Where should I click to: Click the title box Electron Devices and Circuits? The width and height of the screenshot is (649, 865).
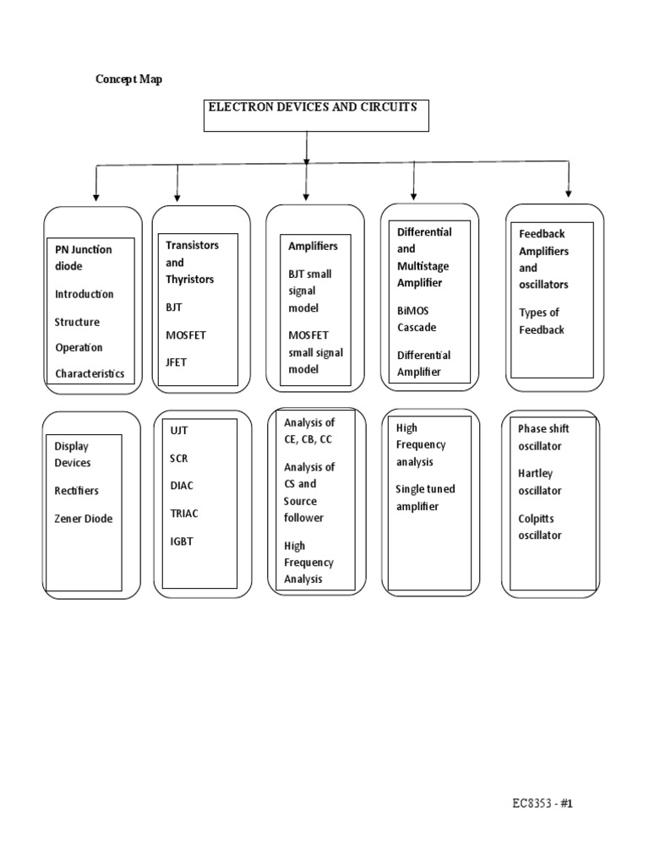[x=316, y=115]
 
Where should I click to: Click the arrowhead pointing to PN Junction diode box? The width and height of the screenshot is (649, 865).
[x=96, y=197]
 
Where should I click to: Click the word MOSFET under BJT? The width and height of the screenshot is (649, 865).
[x=186, y=335]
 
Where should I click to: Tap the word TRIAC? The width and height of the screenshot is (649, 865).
[x=184, y=513]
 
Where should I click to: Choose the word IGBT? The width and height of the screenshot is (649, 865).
[x=182, y=541]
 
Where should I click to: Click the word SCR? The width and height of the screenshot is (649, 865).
[x=179, y=457]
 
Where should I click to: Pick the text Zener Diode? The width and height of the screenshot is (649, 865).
[x=84, y=518]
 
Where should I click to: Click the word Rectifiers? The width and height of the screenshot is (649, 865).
[x=77, y=490]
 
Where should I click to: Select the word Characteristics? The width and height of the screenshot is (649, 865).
[x=90, y=373]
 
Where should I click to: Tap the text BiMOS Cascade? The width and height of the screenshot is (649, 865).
[x=417, y=318]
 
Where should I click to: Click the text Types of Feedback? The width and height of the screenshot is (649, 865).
[x=542, y=321]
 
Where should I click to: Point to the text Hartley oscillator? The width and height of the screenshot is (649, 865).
[x=539, y=481]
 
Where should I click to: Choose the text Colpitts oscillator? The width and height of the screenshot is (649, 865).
[x=539, y=526]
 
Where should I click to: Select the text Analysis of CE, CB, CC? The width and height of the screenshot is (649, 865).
[x=308, y=430]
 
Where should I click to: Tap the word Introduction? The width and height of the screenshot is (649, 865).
[x=85, y=294]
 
